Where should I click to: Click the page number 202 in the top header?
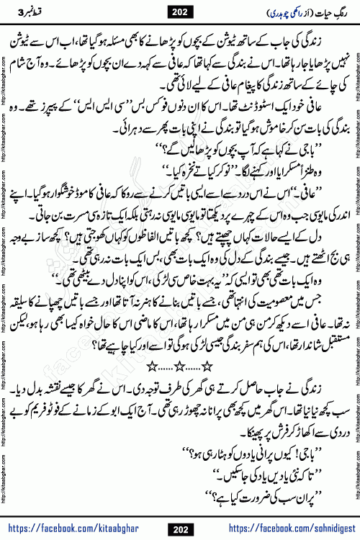pos(179,11)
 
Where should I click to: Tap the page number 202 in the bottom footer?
pos(179,531)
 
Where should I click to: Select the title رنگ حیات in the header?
pos(320,11)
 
